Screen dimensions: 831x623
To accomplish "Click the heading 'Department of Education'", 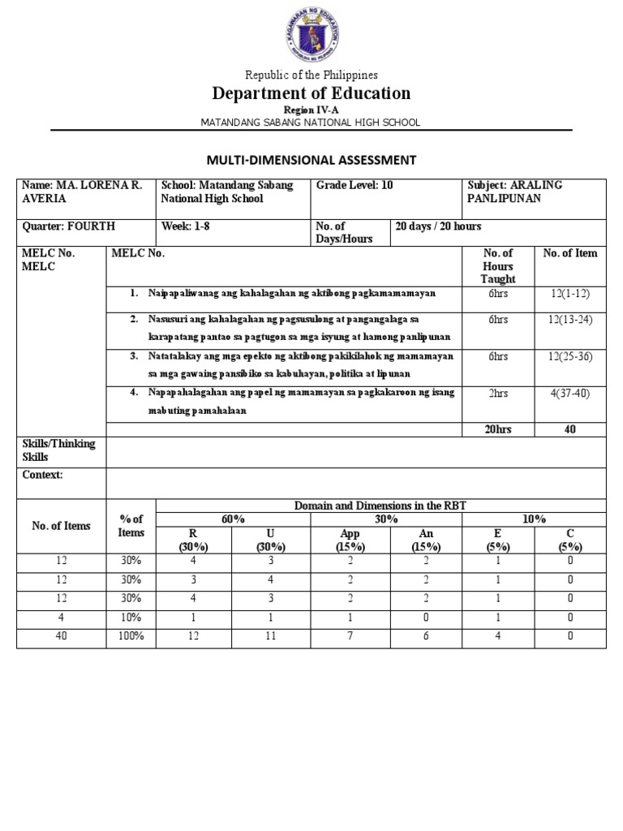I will pos(311,93).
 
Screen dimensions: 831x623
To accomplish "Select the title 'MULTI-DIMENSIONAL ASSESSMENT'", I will pos(311,160).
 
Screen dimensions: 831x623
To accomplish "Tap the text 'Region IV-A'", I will pos(311,109).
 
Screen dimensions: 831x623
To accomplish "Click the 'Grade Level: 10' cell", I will pos(355,185).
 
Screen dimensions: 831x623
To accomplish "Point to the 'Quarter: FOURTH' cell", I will pos(69,226).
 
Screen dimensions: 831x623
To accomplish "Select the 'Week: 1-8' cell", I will pos(186,226).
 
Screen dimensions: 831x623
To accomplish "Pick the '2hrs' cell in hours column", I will pos(498,393).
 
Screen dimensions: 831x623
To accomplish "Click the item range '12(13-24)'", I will pos(569,320).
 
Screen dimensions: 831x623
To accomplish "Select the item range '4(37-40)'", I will pos(569,393).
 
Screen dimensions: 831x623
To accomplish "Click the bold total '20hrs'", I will pos(498,429).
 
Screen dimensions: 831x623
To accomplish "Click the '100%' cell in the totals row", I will pos(131,637).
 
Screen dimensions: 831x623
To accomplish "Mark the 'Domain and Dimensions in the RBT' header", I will pos(380,506).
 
